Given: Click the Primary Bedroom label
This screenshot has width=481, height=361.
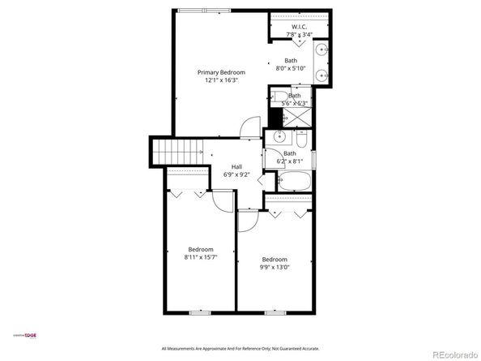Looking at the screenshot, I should [221, 72].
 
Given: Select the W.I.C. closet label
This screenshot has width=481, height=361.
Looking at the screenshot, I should [300, 26].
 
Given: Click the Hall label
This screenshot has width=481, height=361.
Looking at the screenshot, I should [236, 165].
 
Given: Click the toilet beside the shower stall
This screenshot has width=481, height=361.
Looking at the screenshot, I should [279, 102].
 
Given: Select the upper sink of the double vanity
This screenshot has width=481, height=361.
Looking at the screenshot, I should [322, 50].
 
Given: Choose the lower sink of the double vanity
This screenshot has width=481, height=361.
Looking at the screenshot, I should [322, 76].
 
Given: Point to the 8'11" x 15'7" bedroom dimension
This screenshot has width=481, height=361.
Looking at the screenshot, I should [201, 257].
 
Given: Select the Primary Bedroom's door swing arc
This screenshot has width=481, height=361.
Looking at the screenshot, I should [250, 129].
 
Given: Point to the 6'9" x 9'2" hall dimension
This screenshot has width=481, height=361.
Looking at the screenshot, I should [236, 174].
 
